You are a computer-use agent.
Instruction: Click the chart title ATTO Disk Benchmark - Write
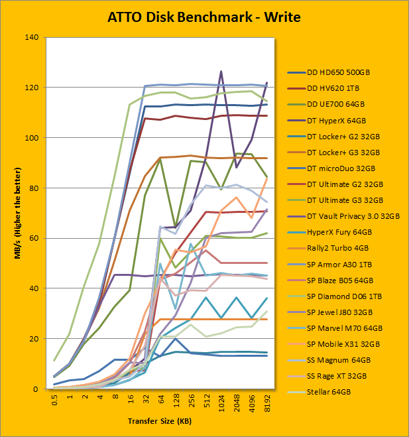pos(204,17)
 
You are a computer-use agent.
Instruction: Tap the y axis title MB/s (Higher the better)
pos(21,213)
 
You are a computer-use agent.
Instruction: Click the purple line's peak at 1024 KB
pos(221,71)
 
